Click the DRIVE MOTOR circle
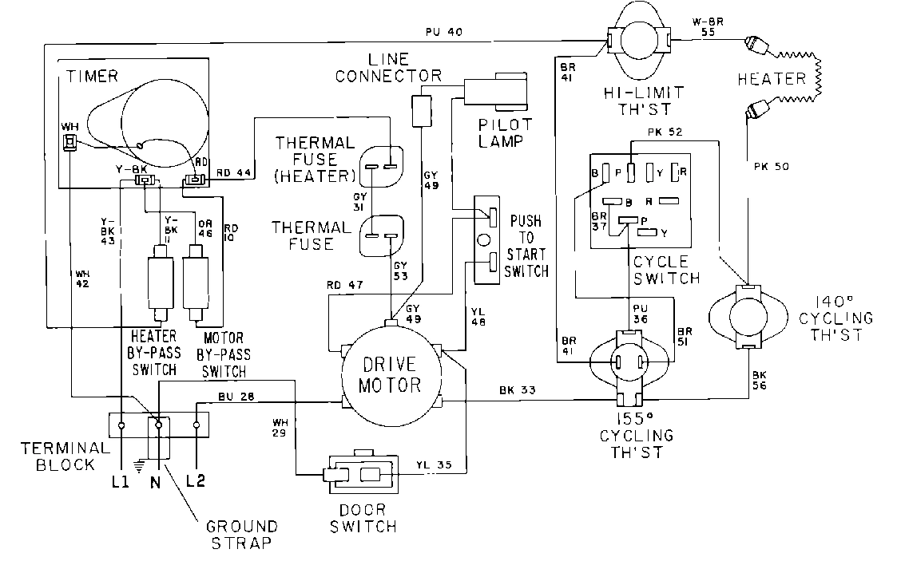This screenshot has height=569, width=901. [x=391, y=375]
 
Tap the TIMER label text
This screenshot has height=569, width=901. [x=92, y=77]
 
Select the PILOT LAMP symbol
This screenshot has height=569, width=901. [x=499, y=91]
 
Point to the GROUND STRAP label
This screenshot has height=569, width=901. [x=242, y=534]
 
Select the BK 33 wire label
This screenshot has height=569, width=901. [x=517, y=390]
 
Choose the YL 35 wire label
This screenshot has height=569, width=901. [x=434, y=464]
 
